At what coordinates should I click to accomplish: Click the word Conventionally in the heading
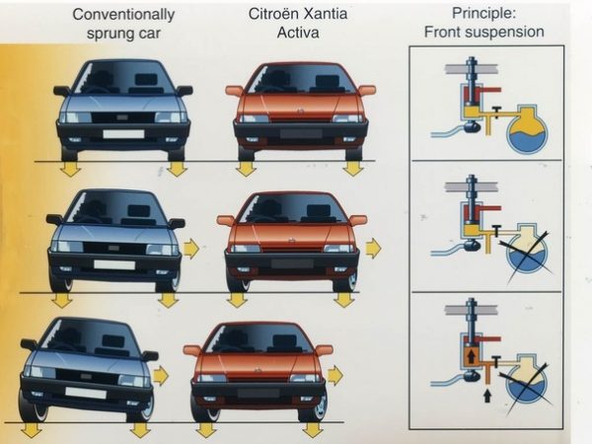tap(123, 14)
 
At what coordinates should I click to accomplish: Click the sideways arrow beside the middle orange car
tap(372, 248)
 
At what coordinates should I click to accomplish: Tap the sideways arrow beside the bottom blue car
tap(160, 376)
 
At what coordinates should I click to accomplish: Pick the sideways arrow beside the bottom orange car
tap(335, 375)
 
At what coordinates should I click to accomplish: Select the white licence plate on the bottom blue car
tap(87, 393)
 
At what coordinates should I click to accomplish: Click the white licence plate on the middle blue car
tap(114, 264)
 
